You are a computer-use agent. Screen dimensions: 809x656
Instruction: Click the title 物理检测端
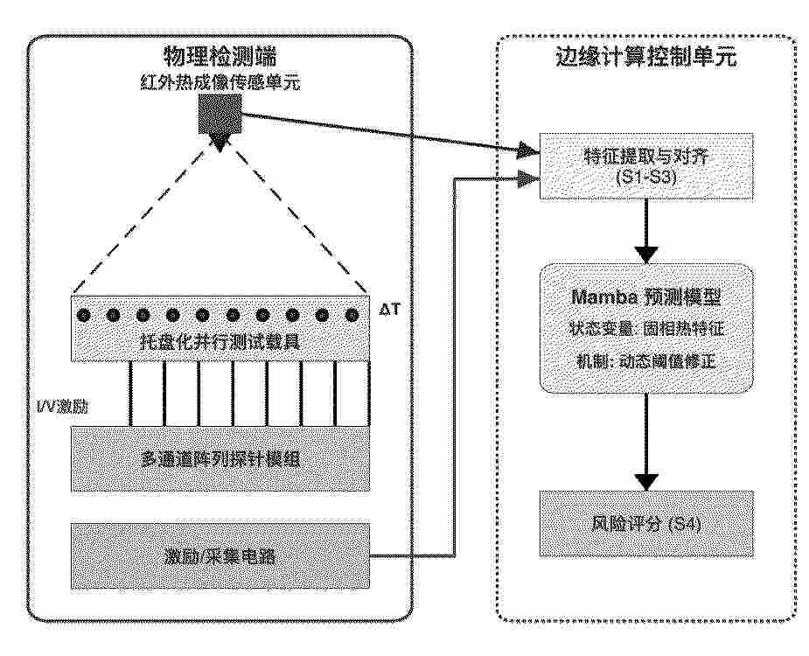(x=220, y=56)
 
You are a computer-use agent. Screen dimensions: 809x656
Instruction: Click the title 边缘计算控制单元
(x=646, y=57)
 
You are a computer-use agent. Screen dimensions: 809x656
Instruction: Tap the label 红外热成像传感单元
(x=220, y=82)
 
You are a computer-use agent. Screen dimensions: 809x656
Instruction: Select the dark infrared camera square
(x=220, y=114)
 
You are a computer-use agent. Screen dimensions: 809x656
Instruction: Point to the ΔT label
(x=389, y=309)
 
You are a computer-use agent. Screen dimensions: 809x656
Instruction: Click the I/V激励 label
(x=62, y=407)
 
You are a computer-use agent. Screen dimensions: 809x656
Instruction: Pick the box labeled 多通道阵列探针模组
(x=220, y=459)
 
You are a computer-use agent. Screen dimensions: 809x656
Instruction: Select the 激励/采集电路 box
(x=220, y=556)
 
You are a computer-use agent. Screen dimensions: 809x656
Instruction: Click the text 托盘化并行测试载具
(x=220, y=342)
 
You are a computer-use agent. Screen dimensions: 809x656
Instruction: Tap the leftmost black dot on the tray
(x=83, y=315)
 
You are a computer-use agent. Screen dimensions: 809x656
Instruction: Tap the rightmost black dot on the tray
(x=352, y=315)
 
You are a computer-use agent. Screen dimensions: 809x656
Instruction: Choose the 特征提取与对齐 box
(x=646, y=166)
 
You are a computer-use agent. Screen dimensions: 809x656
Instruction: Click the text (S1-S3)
(x=646, y=177)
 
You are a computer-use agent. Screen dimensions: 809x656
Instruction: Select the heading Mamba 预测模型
(x=646, y=297)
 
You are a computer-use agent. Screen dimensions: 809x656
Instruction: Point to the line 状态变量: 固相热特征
(x=646, y=329)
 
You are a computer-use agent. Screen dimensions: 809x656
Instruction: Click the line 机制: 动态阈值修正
(x=646, y=360)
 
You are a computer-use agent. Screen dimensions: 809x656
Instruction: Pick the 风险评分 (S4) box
(x=646, y=524)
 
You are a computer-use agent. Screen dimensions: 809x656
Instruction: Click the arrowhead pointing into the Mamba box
(x=646, y=255)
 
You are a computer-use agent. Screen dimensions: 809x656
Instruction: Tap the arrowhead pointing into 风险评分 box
(x=646, y=482)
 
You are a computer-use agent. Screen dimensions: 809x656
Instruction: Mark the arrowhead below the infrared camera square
(x=220, y=143)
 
